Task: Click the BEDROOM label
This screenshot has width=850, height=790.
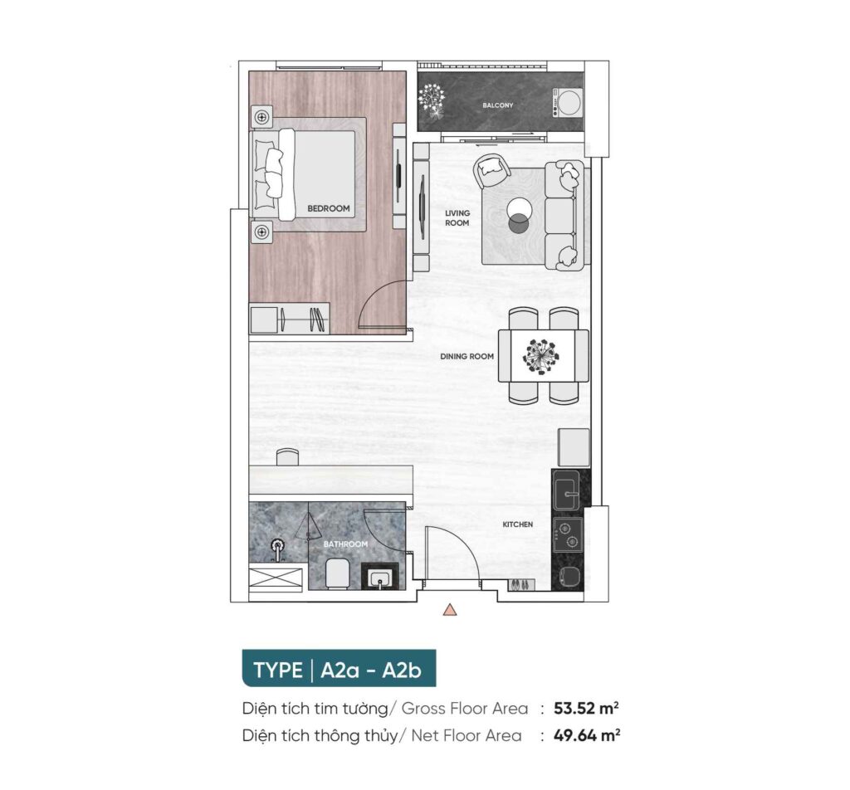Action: pos(329,208)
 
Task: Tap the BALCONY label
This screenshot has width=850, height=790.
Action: pos(498,105)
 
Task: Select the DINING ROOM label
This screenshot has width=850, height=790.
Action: pos(467,357)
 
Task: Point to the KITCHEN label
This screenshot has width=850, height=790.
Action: pos(518,524)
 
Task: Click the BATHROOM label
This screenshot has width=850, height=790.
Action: pos(345,544)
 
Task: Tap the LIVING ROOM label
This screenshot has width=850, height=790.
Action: pos(457,217)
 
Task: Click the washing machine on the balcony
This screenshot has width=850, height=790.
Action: pos(567,102)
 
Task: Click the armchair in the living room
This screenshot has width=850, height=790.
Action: pos(491,169)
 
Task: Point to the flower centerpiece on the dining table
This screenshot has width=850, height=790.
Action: pos(540,357)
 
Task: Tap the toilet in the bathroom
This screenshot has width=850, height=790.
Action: pos(337,573)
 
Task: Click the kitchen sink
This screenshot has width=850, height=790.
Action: pos(565,490)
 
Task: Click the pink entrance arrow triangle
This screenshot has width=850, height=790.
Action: pos(449,610)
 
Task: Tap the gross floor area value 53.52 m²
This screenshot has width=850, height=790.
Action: pos(587,708)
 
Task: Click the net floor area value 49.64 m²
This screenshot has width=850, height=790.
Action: pos(587,735)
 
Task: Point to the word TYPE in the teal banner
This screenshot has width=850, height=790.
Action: pos(278,671)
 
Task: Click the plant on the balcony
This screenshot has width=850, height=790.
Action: pos(432,100)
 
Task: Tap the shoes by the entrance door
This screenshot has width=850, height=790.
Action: pos(520,585)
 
